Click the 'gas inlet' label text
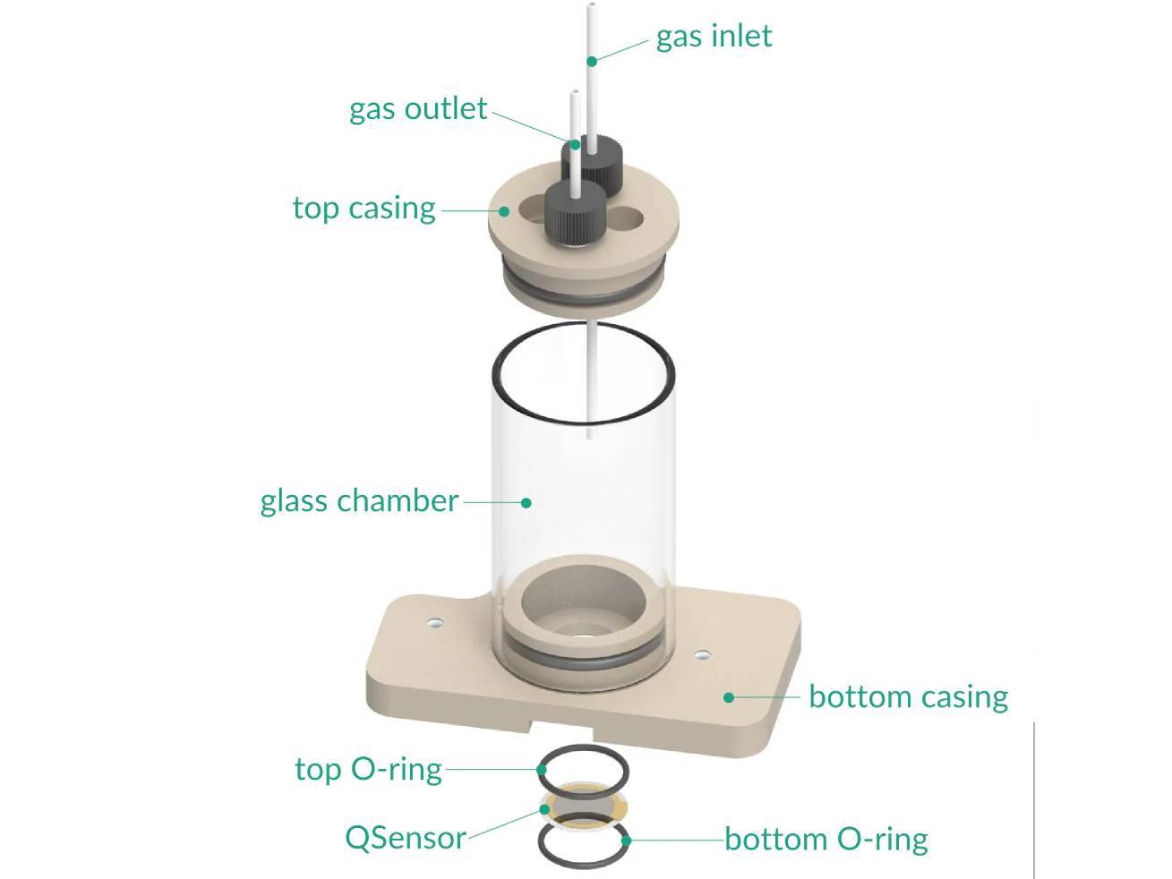(714, 37)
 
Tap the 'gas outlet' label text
(418, 109)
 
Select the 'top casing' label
(364, 209)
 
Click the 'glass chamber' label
(359, 500)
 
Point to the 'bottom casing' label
(908, 696)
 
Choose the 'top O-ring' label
(368, 769)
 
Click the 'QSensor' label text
(405, 838)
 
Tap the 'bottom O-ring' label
(826, 840)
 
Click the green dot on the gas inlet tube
(592, 61)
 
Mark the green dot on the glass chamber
(526, 502)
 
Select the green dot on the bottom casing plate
(729, 696)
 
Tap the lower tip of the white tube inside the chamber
(590, 436)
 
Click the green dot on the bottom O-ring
(627, 840)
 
